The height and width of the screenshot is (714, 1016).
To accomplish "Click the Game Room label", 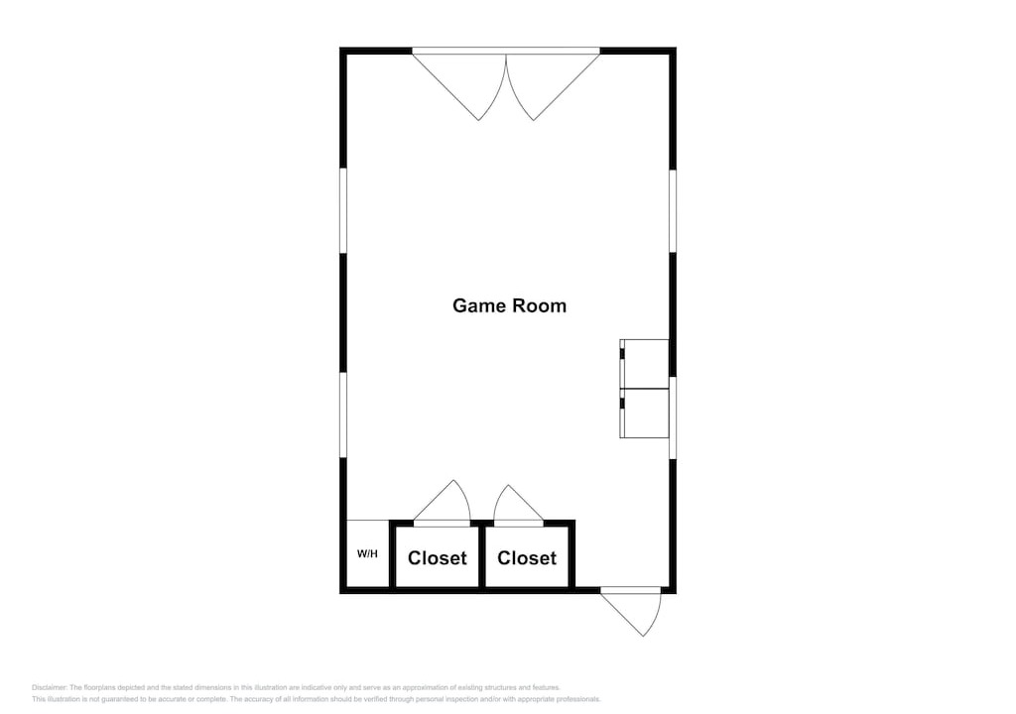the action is pyautogui.click(x=509, y=305).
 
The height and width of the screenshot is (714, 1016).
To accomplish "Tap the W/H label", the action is pyautogui.click(x=367, y=554).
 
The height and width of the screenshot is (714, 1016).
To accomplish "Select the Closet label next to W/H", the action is pyautogui.click(x=437, y=558).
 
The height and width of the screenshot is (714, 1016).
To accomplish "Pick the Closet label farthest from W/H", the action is pyautogui.click(x=526, y=558).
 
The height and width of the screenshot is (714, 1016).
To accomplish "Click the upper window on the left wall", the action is pyautogui.click(x=343, y=211).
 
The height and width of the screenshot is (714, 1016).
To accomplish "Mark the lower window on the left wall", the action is pyautogui.click(x=343, y=416).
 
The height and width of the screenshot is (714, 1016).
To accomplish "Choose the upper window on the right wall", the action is pyautogui.click(x=674, y=211).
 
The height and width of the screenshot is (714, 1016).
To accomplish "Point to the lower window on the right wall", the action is pyautogui.click(x=674, y=417).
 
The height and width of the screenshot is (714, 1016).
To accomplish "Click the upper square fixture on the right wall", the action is pyautogui.click(x=644, y=364).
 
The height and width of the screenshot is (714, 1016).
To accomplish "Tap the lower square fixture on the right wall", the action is pyautogui.click(x=644, y=414).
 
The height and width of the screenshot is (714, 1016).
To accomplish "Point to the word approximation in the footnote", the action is pyautogui.click(x=421, y=687).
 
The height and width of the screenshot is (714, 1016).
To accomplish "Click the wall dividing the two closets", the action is pyautogui.click(x=482, y=556).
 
